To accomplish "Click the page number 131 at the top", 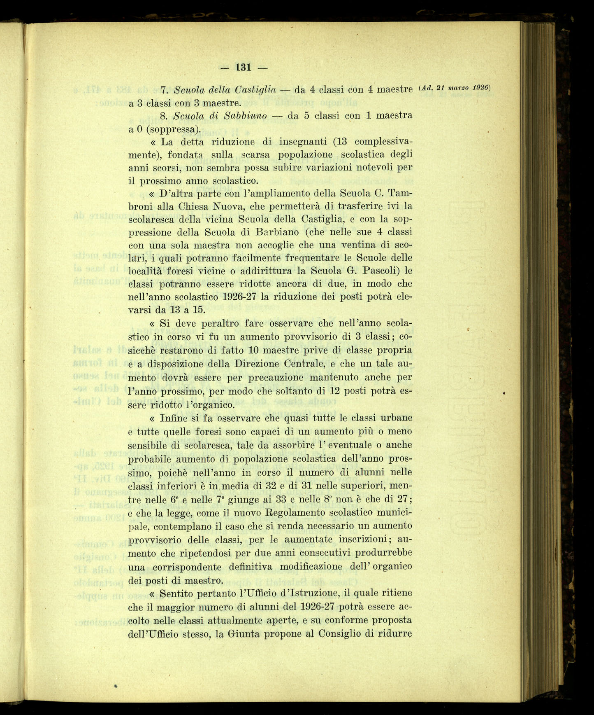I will [244, 67].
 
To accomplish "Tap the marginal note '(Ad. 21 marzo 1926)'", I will [454, 88].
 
